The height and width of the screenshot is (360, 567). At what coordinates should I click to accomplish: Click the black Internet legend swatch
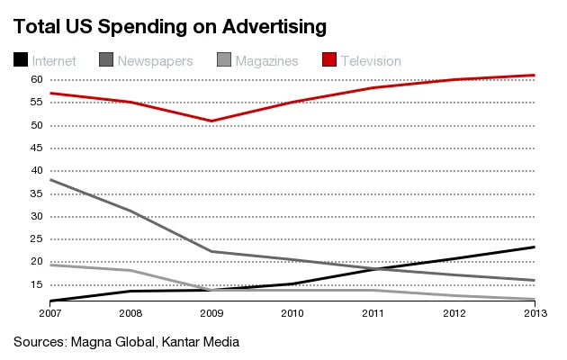(20, 60)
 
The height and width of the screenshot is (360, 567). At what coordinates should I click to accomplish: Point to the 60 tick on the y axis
(38, 80)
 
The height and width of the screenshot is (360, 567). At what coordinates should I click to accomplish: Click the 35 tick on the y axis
(38, 193)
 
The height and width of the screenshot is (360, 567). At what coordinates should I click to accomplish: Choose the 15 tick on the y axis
(38, 284)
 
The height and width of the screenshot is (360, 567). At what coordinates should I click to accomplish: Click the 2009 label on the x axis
(212, 312)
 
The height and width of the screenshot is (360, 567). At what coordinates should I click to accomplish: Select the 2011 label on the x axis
(373, 312)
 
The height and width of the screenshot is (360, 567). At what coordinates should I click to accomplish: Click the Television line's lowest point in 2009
(212, 121)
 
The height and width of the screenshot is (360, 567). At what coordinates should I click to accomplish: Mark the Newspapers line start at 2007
(51, 180)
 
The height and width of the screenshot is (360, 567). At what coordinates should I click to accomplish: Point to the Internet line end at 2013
(535, 247)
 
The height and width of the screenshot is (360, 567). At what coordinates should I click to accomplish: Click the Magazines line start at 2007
(51, 265)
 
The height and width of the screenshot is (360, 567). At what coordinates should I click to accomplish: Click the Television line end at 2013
(535, 75)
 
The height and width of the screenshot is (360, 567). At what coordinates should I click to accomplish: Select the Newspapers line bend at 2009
(212, 251)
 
